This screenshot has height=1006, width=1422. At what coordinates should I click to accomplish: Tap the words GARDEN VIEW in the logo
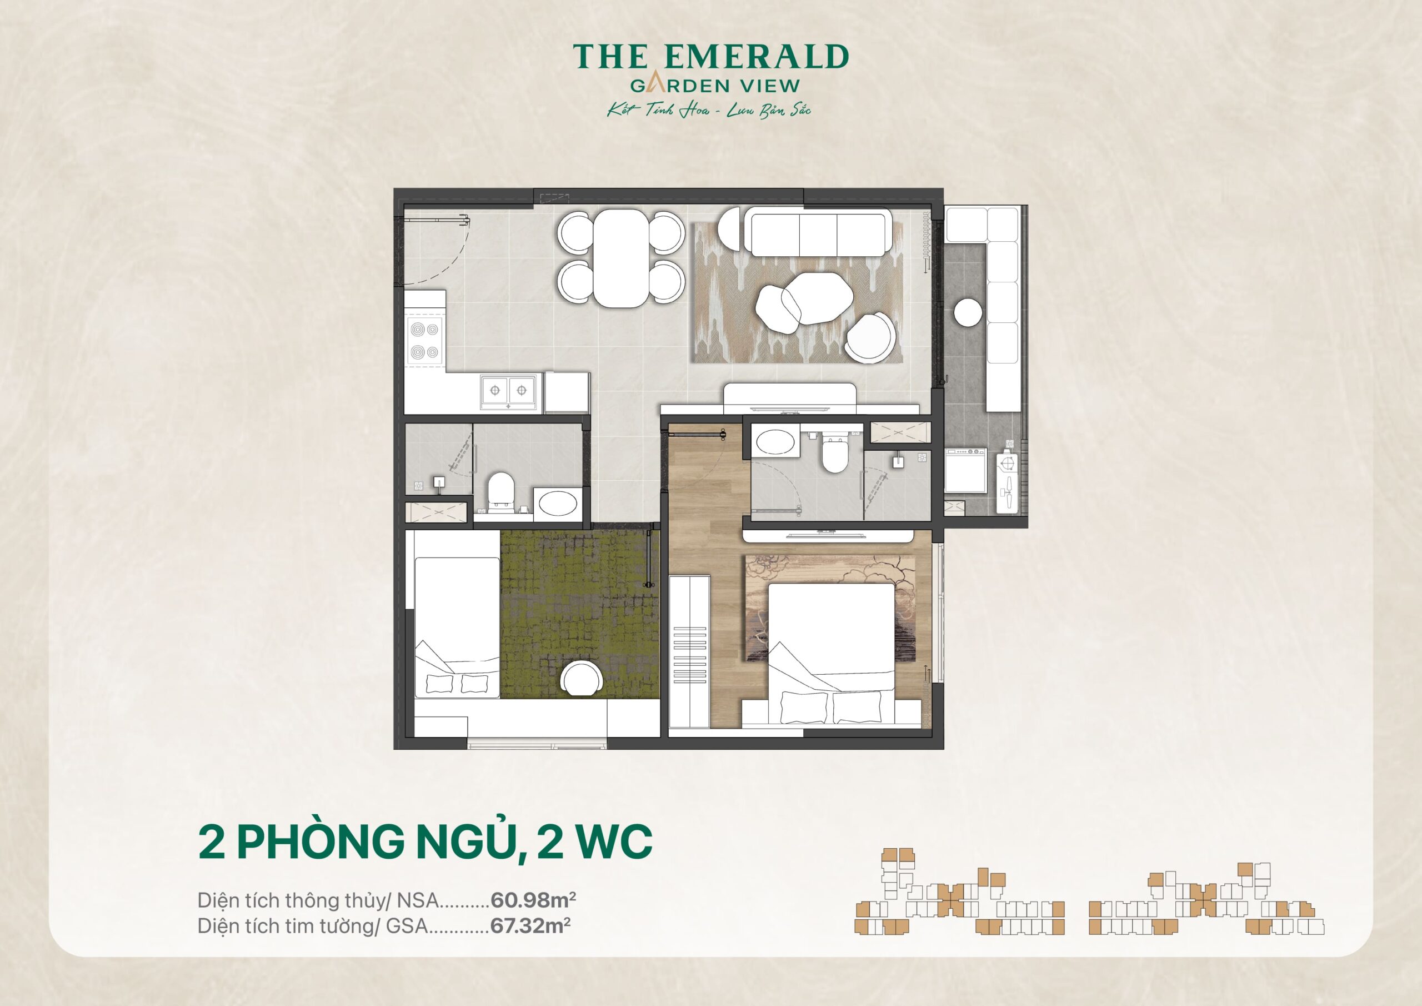point(715,86)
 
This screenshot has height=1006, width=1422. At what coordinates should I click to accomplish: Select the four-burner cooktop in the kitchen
point(424,341)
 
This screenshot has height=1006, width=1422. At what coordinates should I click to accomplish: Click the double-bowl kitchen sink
point(508,391)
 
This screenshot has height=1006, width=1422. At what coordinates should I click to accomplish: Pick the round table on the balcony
point(968,312)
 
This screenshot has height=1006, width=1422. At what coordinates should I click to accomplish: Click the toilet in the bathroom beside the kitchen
point(500,491)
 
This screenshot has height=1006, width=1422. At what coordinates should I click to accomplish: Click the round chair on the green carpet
point(582,679)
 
